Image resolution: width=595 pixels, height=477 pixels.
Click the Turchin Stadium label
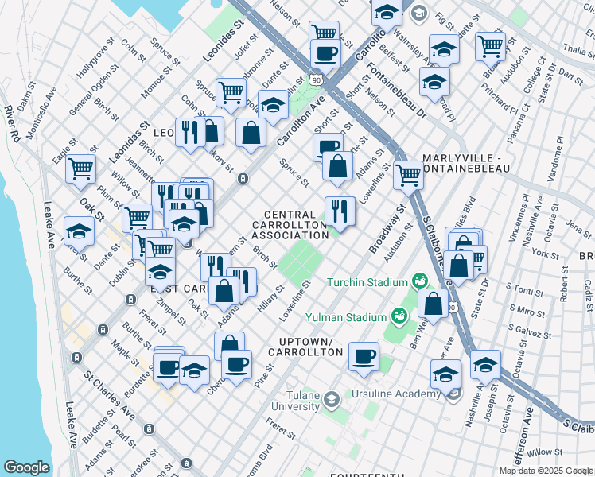[x=367, y=282]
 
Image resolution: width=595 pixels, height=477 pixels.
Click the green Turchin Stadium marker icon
[x=418, y=281]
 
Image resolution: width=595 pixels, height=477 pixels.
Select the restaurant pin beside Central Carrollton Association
[x=339, y=211]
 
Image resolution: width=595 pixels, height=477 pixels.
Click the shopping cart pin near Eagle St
[x=80, y=169]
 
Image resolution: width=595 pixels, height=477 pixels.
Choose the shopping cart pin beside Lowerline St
[x=408, y=174]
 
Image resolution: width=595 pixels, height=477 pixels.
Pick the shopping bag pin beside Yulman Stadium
[x=433, y=303]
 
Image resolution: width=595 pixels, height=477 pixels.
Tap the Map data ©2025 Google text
[x=546, y=471]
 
